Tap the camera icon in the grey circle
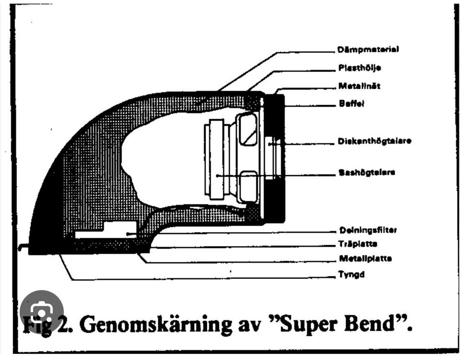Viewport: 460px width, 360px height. tap(42, 313)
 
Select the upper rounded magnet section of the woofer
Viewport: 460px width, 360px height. tap(248, 129)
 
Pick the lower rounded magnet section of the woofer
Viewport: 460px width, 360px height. tap(248, 186)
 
